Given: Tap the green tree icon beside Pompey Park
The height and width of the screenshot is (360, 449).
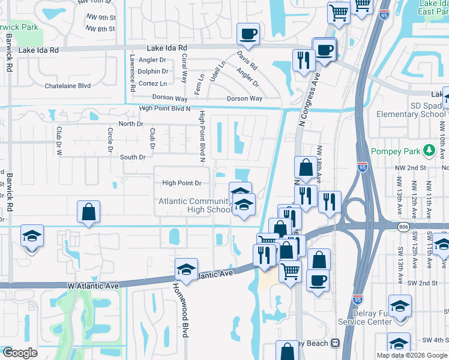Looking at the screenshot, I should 429,150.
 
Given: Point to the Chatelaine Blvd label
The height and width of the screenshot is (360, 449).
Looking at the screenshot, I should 68,86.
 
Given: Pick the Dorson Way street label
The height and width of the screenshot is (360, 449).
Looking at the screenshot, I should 244,98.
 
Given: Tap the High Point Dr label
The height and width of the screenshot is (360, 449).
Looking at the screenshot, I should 181,183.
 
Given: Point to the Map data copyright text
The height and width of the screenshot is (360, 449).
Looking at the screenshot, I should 412,355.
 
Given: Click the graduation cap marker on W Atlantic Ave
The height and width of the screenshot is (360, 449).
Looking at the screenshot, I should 187,268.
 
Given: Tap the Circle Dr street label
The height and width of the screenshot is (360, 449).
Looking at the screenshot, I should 110,139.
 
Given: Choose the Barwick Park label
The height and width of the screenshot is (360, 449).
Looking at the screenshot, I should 19,27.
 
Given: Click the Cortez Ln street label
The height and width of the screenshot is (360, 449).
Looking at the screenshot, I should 152,83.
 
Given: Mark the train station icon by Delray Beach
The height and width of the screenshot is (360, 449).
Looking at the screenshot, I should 335,343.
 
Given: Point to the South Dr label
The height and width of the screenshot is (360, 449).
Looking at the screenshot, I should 133,157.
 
